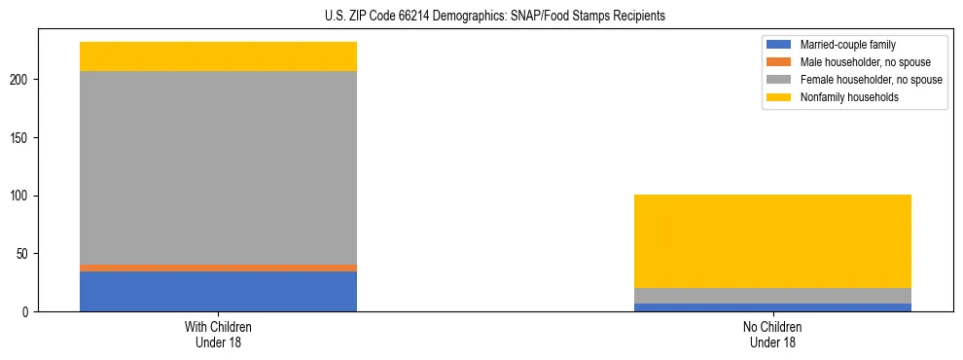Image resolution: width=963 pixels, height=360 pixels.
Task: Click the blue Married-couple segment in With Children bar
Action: (218, 291)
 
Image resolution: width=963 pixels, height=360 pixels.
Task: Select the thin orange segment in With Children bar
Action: (218, 268)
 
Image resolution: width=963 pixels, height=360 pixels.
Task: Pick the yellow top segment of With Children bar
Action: (218, 56)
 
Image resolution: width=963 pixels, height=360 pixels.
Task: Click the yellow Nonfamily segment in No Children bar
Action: (772, 241)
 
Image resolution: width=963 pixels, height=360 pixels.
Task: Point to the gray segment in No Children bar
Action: (772, 296)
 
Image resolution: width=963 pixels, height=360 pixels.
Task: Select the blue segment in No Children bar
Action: (772, 307)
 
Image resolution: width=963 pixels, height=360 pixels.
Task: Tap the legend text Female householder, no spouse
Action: (871, 80)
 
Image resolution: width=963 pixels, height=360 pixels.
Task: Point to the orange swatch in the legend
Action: (780, 62)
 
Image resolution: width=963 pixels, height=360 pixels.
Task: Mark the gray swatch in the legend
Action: (780, 80)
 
